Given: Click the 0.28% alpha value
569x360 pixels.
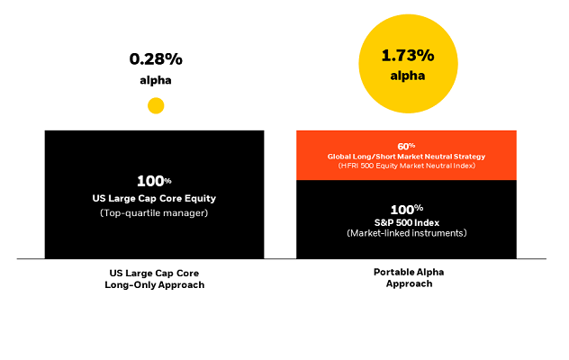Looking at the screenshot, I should tap(155, 59).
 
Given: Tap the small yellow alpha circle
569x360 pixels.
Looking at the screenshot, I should tap(156, 105).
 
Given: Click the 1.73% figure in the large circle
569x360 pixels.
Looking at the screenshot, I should tap(407, 56).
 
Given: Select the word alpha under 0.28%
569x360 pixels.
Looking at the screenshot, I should tap(155, 80).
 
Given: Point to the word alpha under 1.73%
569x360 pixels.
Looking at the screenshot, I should tap(407, 76).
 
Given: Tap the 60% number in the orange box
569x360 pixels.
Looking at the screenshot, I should tap(407, 145).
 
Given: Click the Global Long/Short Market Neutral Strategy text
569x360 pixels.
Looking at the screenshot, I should tap(407, 157).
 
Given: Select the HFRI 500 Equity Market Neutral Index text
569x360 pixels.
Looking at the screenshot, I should tap(407, 166).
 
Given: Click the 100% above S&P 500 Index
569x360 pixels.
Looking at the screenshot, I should tap(407, 209).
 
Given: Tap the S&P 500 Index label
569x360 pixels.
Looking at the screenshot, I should tap(407, 222).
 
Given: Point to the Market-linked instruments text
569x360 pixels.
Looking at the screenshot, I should tap(407, 234).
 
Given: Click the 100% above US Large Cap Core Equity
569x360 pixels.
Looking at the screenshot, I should tap(155, 181).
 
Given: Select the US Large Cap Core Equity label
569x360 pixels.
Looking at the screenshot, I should tap(155, 197).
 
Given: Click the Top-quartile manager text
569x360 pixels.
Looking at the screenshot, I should tap(155, 213).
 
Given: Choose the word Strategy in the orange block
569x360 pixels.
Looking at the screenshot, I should tap(468, 157).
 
